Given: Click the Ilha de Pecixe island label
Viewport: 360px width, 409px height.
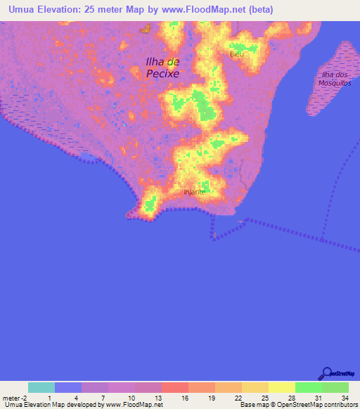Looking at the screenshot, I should click(x=162, y=67).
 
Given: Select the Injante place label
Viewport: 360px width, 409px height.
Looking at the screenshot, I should click(x=194, y=191).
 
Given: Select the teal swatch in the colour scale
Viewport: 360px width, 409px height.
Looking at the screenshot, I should click(x=41, y=387).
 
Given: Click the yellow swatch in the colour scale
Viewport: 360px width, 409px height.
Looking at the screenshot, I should click(x=281, y=387).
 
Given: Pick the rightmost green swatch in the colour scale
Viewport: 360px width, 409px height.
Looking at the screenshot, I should click(x=335, y=387).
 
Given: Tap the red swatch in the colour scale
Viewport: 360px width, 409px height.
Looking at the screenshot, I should click(x=174, y=387).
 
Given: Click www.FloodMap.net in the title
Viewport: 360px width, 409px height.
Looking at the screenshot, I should click(x=205, y=10).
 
